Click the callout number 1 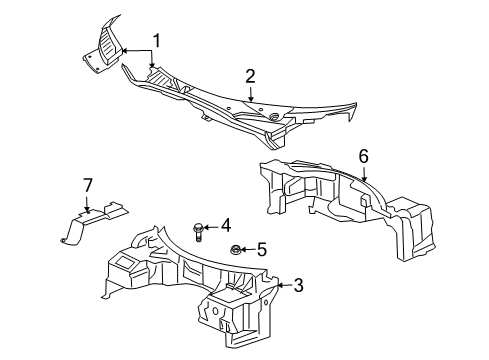(157, 41)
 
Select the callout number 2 (250, 75)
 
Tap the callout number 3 (297, 285)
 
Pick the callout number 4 (226, 225)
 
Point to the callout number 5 (263, 249)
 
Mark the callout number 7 (86, 185)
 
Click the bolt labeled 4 (200, 230)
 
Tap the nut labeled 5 (236, 250)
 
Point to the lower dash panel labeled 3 (190, 285)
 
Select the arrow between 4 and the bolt (213, 226)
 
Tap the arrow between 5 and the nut (250, 250)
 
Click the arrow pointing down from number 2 (250, 92)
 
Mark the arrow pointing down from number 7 (86, 202)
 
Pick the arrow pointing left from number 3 (283, 285)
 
